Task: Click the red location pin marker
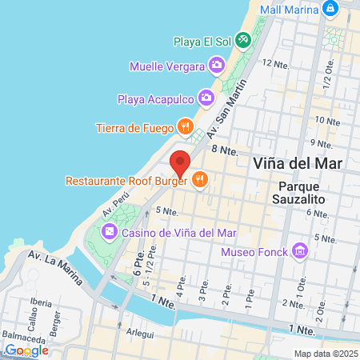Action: tap(181, 164)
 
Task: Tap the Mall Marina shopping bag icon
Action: tap(330, 8)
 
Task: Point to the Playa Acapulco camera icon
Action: tap(206, 98)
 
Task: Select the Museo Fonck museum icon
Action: tap(300, 252)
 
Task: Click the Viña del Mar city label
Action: tap(297, 163)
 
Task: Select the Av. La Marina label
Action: tap(55, 266)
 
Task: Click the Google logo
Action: tap(26, 350)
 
